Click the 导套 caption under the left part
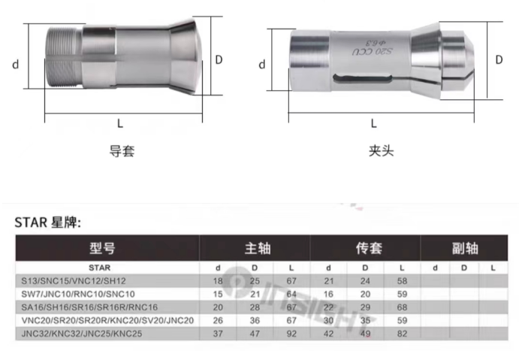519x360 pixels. pos(122,151)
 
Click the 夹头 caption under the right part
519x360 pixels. pos(382,151)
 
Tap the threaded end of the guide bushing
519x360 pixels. pos(63,58)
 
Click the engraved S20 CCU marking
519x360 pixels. pos(372,51)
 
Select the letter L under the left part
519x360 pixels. pos(120,124)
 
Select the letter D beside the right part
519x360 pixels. pos(499,59)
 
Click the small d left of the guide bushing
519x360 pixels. pos(16,64)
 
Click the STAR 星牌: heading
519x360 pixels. pos(47,222)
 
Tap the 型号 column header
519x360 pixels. pos(102,248)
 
